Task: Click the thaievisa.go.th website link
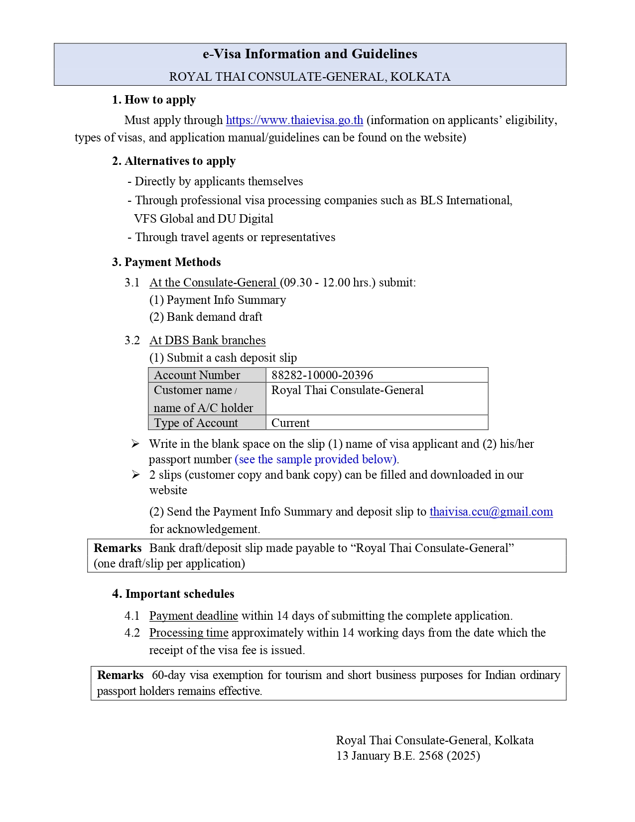tap(294, 120)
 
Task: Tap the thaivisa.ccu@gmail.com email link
tap(491, 512)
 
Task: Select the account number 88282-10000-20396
tap(322, 375)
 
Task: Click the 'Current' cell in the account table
tap(290, 423)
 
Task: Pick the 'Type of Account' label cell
tap(196, 423)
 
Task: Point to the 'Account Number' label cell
tap(197, 375)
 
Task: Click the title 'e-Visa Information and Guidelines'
tap(310, 54)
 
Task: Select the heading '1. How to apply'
tap(154, 100)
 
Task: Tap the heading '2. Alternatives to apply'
tap(174, 161)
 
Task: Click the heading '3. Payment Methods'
tap(166, 262)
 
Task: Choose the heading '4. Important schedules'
tap(173, 594)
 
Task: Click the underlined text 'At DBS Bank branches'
tap(207, 340)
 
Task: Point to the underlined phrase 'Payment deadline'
tap(193, 616)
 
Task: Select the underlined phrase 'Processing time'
tap(189, 633)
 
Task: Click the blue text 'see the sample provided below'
tap(316, 459)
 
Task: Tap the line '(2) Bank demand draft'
tap(206, 317)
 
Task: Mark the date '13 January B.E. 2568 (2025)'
tap(408, 756)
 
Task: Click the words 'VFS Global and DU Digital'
tap(204, 219)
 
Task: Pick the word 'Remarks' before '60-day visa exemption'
tap(120, 675)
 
